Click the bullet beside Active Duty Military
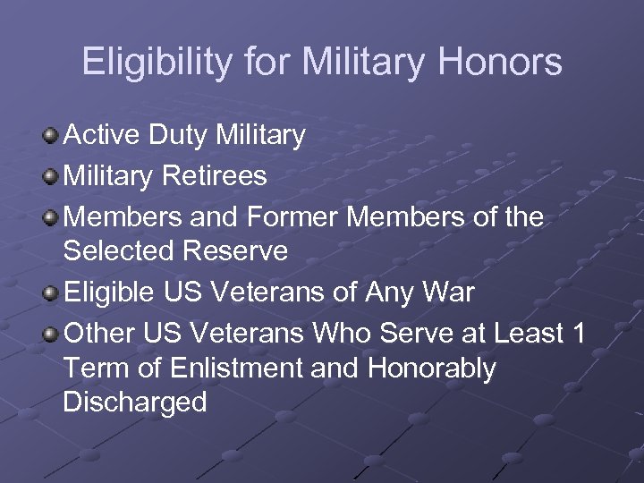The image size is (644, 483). click(51, 137)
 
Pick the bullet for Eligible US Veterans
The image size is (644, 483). click(51, 293)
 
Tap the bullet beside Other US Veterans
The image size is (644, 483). click(51, 335)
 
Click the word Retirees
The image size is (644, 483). click(215, 176)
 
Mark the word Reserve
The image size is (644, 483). click(236, 251)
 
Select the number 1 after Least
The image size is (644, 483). click(578, 334)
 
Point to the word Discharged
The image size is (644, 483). click(135, 402)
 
